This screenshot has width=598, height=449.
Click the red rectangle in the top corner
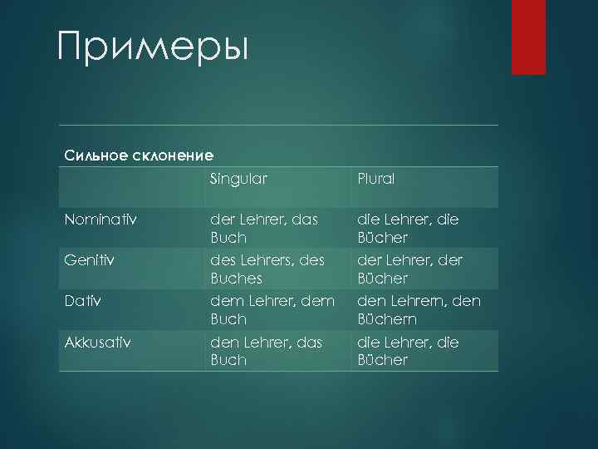(528, 37)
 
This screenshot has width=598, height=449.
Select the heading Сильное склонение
(139, 155)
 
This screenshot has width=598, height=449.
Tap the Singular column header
(238, 179)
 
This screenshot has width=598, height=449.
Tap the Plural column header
(376, 179)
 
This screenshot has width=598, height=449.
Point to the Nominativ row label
(101, 220)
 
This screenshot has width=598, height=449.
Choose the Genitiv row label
(89, 260)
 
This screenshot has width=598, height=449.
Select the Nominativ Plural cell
(408, 228)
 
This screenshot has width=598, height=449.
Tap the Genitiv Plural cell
(409, 269)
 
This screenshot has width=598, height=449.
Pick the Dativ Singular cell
(272, 309)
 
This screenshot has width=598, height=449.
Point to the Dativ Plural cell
(419, 309)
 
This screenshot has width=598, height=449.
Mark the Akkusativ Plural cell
(408, 350)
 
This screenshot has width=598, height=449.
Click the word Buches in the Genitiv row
(237, 278)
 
